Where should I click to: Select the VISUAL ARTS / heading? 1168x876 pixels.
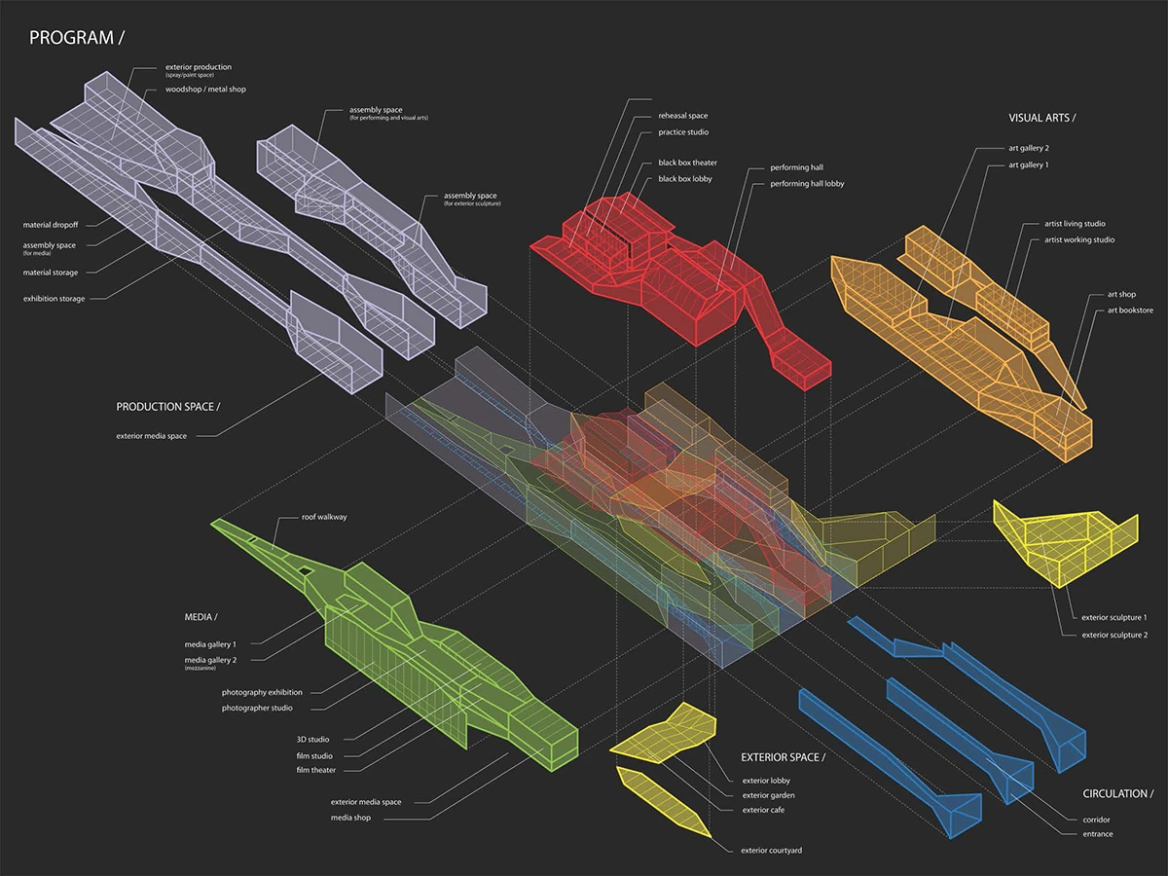(1041, 118)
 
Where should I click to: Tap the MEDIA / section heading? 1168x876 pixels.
(201, 618)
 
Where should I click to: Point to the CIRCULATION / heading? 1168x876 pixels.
(1118, 794)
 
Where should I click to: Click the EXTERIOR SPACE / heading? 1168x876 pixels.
(783, 757)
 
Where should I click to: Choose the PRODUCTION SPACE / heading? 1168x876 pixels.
(167, 406)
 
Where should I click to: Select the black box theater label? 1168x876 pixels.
(687, 163)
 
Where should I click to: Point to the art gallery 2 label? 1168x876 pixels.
(1029, 149)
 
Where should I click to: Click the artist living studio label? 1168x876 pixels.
(1075, 224)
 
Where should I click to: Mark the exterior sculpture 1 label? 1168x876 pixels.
(1113, 617)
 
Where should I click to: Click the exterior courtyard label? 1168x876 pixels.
(772, 851)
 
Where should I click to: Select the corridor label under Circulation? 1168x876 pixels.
(1096, 820)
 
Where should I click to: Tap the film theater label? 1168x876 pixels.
(316, 771)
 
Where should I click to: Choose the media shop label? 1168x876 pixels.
(351, 818)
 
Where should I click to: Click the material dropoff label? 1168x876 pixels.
(51, 226)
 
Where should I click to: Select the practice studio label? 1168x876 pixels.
(683, 132)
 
